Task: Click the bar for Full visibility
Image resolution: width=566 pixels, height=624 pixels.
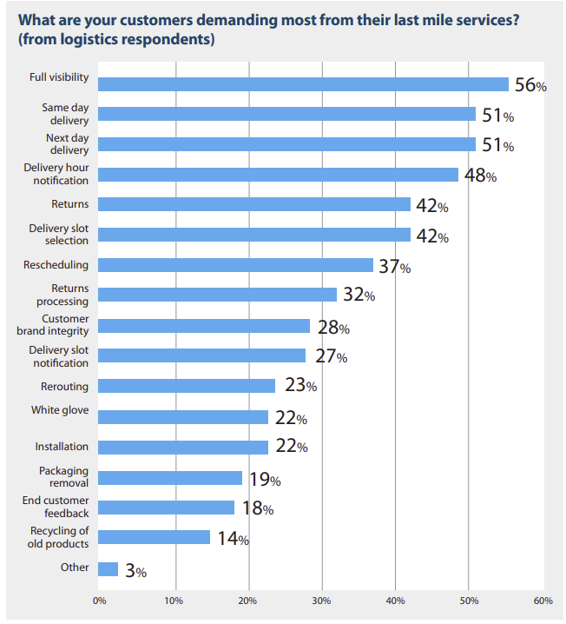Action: (303, 84)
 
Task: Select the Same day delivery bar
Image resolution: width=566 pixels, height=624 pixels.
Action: (286, 114)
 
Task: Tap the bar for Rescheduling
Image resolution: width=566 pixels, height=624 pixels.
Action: (235, 265)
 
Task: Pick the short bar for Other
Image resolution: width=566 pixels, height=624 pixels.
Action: (108, 569)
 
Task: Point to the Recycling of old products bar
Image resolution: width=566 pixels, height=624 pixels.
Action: (155, 537)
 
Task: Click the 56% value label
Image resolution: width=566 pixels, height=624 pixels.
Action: (530, 85)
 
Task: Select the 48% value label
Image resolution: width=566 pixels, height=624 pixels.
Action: (479, 176)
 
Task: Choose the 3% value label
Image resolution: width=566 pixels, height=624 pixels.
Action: (135, 571)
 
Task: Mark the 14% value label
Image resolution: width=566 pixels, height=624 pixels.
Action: (232, 539)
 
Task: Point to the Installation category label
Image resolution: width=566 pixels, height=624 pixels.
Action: (62, 447)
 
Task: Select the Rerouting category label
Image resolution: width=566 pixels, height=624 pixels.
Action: (64, 386)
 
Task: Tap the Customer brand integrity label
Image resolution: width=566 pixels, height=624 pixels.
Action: (58, 326)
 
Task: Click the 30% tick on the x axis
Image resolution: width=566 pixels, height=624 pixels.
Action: (322, 601)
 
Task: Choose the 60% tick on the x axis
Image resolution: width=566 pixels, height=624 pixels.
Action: (543, 601)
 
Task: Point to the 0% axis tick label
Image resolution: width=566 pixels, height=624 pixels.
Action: (99, 601)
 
